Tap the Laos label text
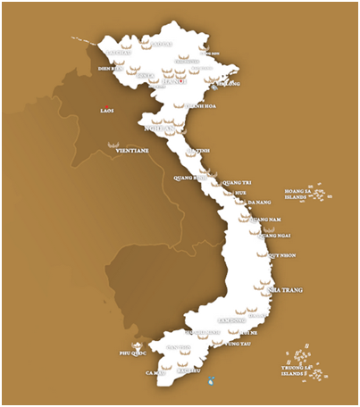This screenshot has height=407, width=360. tap(107, 112)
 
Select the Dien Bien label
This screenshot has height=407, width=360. tap(109, 67)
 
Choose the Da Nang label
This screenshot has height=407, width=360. tap(259, 203)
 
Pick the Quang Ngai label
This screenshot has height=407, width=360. tap(274, 236)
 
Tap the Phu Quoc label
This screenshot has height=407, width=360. tap(131, 353)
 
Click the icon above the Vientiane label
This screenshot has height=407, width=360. tap(113, 143)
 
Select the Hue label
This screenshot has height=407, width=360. tap(239, 192)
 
